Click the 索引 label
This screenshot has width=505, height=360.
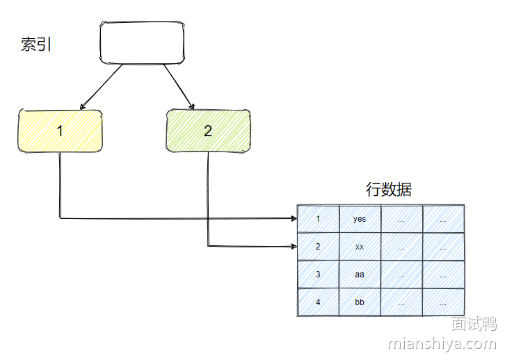coord(36,45)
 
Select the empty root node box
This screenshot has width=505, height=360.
coord(143,43)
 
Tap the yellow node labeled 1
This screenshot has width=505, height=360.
coord(60,131)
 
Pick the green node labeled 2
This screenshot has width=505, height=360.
coord(208,131)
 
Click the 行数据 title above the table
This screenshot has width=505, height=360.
coord(389,190)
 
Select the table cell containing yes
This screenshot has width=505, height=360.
coord(360,219)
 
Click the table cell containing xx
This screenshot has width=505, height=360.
coord(360,247)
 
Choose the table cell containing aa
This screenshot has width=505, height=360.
coord(360,275)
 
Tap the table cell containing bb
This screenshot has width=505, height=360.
coord(360,302)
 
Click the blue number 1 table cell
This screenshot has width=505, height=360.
coord(318,219)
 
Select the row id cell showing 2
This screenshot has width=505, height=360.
coord(318,247)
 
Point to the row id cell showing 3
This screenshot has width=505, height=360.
coord(318,275)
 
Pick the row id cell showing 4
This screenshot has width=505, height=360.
coord(318,302)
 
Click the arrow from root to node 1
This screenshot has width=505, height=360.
coord(102,87)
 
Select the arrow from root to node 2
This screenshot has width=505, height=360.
coord(179,87)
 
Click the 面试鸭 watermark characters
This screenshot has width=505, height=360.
coord(473,325)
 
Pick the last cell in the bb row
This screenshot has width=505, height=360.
coord(443,302)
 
